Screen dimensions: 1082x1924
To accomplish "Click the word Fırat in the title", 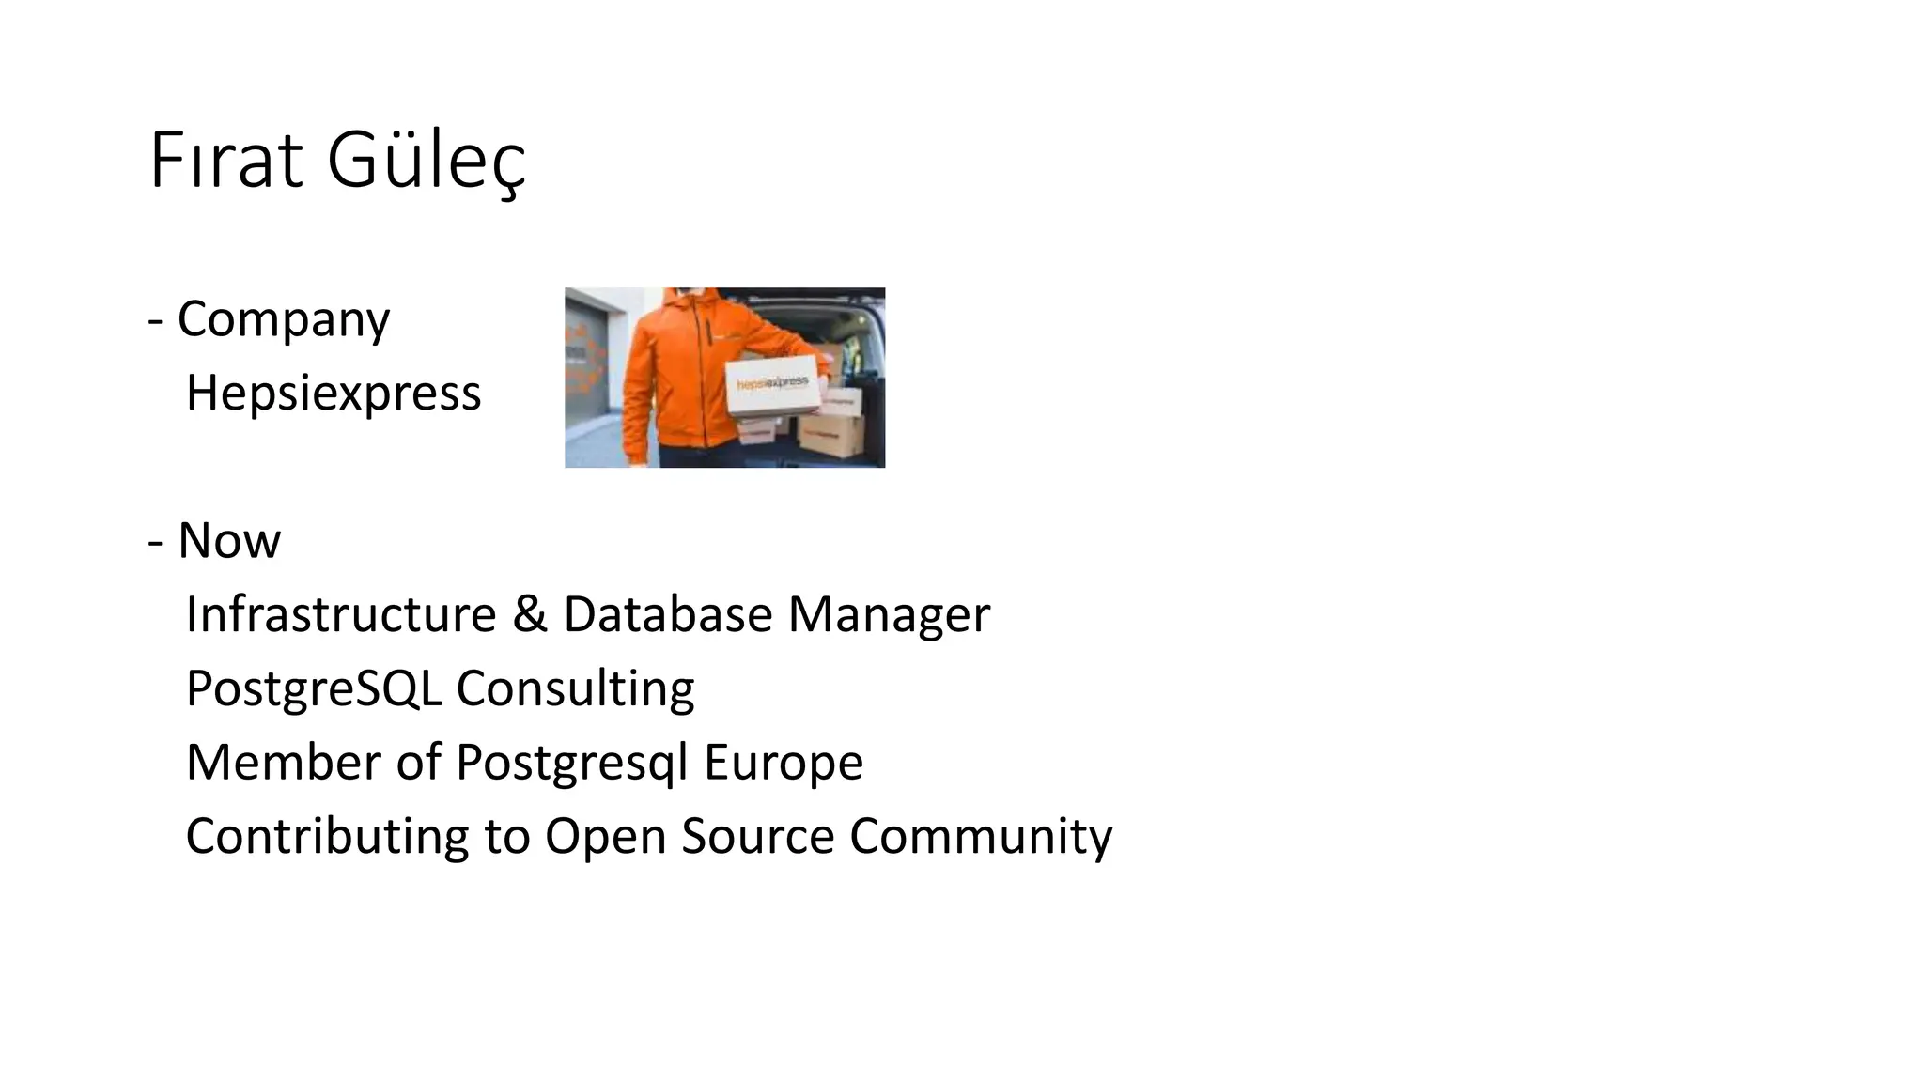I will (x=225, y=162).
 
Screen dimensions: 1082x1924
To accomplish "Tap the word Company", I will (x=283, y=319).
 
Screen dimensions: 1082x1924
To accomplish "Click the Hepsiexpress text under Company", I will (x=334, y=393).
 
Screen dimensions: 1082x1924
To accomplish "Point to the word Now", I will (x=229, y=541).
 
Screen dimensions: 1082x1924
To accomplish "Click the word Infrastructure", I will (x=341, y=614).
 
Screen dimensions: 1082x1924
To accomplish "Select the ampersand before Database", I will (x=530, y=614).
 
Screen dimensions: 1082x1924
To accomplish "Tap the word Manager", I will (x=889, y=614).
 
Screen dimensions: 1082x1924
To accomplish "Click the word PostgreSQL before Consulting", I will (x=314, y=688).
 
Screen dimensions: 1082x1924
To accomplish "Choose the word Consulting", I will (x=575, y=688).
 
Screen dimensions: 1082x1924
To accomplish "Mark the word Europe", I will (x=783, y=762).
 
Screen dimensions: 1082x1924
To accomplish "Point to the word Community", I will (x=981, y=836).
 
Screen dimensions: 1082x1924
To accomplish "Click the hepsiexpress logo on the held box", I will (x=771, y=383).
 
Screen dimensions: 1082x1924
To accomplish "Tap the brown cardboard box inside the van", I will (x=830, y=433).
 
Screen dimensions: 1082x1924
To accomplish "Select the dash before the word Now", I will (x=156, y=541).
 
